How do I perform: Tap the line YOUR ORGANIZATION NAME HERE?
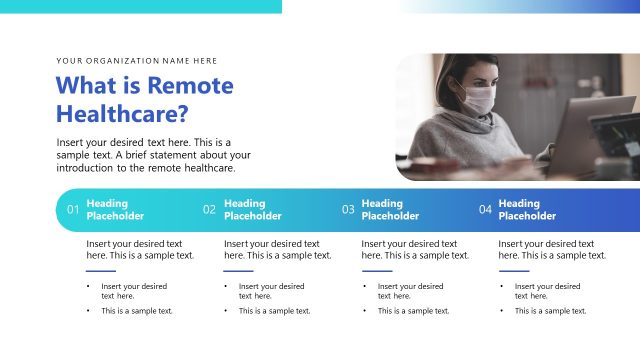pos(137,61)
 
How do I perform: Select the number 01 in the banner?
pos(72,210)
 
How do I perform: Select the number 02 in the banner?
pos(209,210)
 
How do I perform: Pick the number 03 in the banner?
pos(348,210)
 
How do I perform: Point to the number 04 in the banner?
pos(485,210)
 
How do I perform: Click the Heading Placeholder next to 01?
pos(115,209)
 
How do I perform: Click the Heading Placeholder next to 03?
pos(390,209)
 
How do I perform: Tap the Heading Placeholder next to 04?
pos(527,209)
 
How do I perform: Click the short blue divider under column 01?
pos(101,270)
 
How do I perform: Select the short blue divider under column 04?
pos(513,270)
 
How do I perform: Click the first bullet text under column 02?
pos(271,291)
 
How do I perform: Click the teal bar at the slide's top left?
pos(140,6)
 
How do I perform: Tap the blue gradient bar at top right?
pos(530,6)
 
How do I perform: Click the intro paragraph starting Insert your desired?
pos(154,155)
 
